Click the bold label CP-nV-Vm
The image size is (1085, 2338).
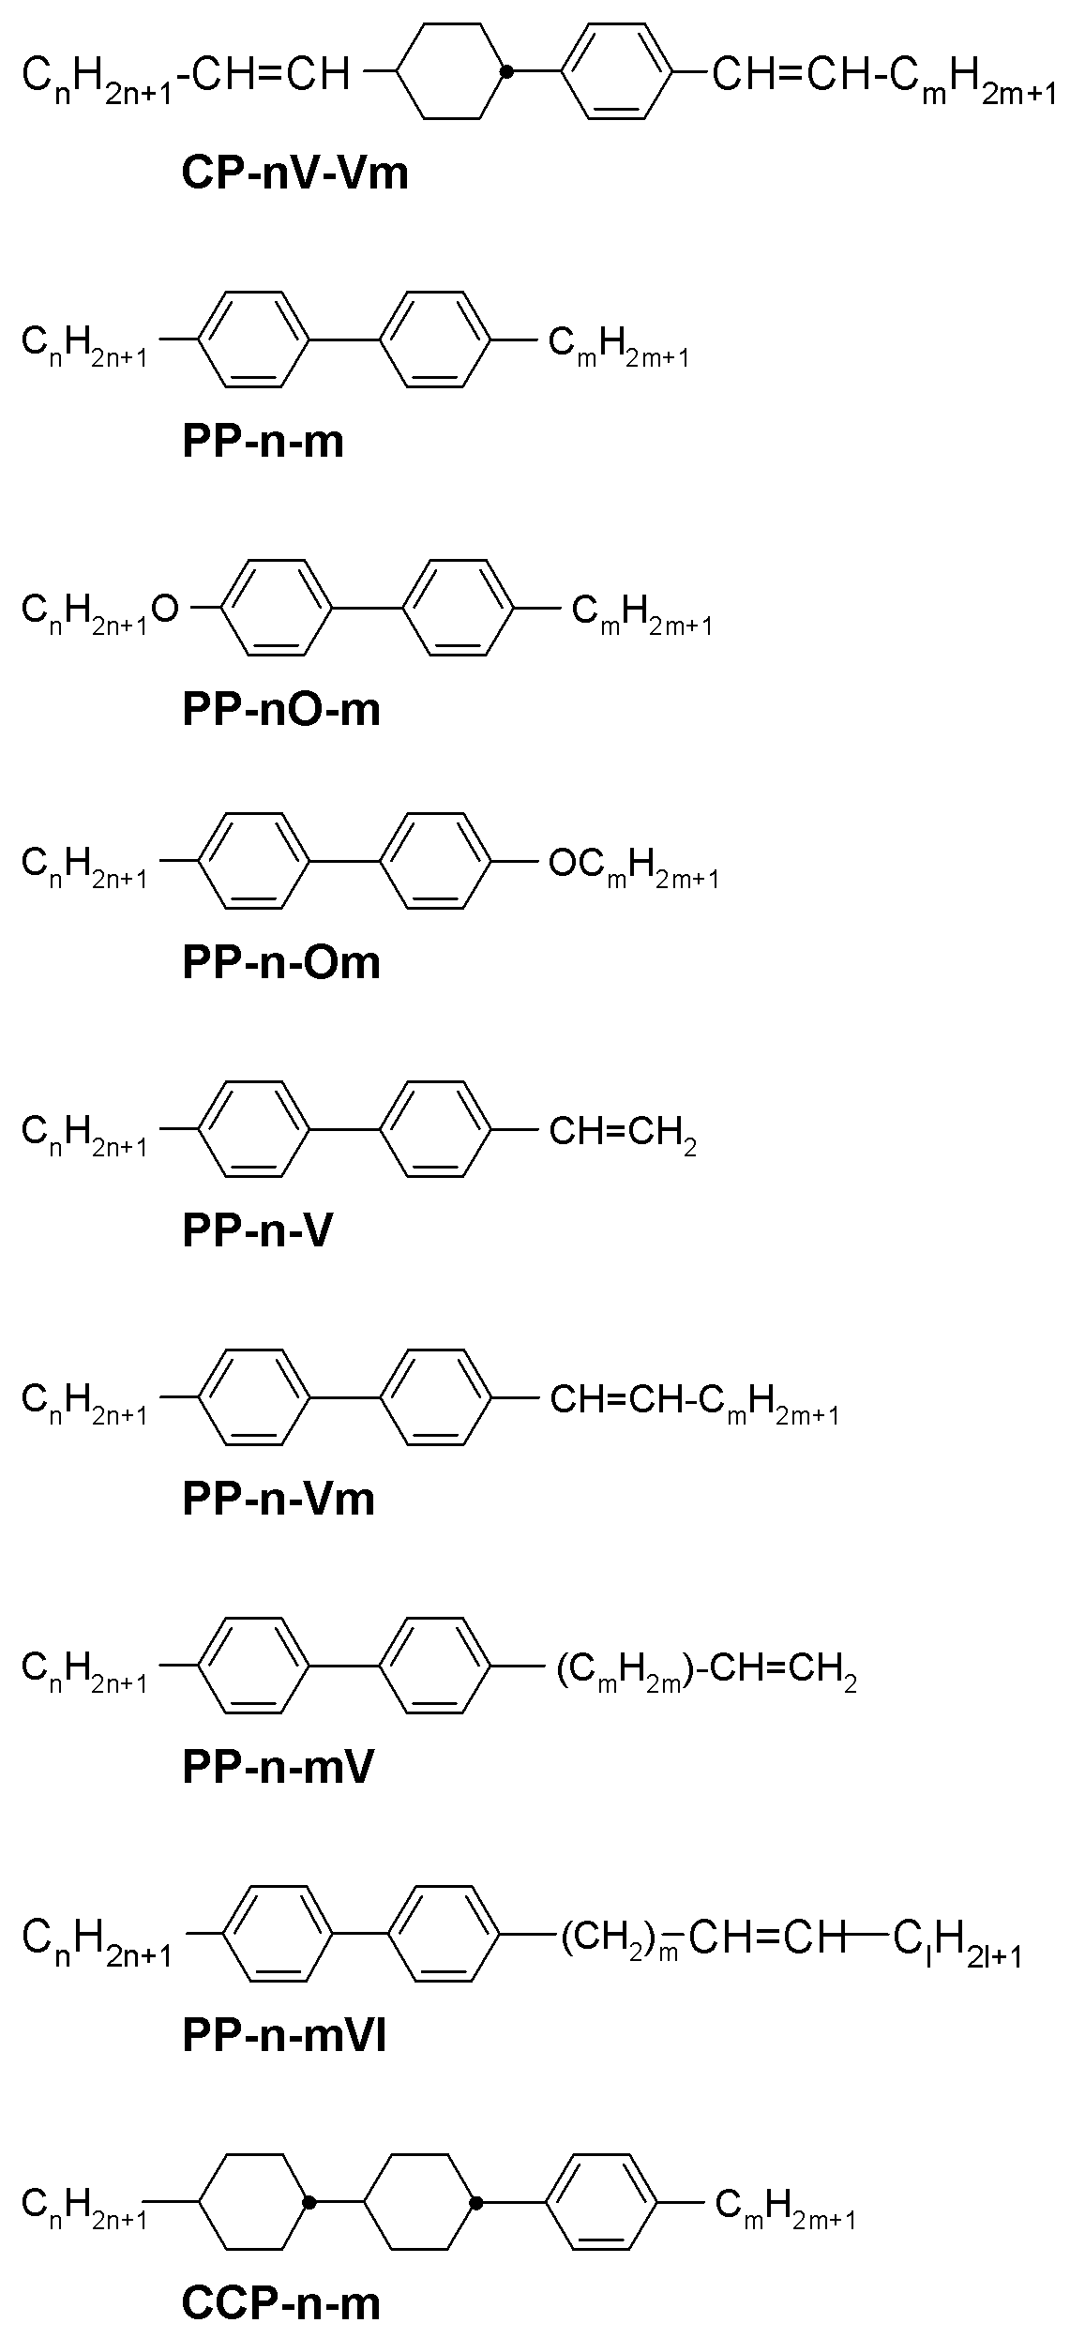tap(295, 173)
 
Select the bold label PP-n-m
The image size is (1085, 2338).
tap(264, 441)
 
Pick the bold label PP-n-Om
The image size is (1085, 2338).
tap(281, 962)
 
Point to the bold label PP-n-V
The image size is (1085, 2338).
tap(258, 1230)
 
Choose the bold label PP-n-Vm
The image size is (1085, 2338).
tap(279, 1499)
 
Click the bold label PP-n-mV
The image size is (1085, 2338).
tap(279, 1767)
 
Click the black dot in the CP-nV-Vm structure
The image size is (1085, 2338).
tap(506, 71)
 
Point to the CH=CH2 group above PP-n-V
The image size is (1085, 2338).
tap(623, 1134)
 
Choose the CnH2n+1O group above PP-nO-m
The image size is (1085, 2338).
tap(99, 611)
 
